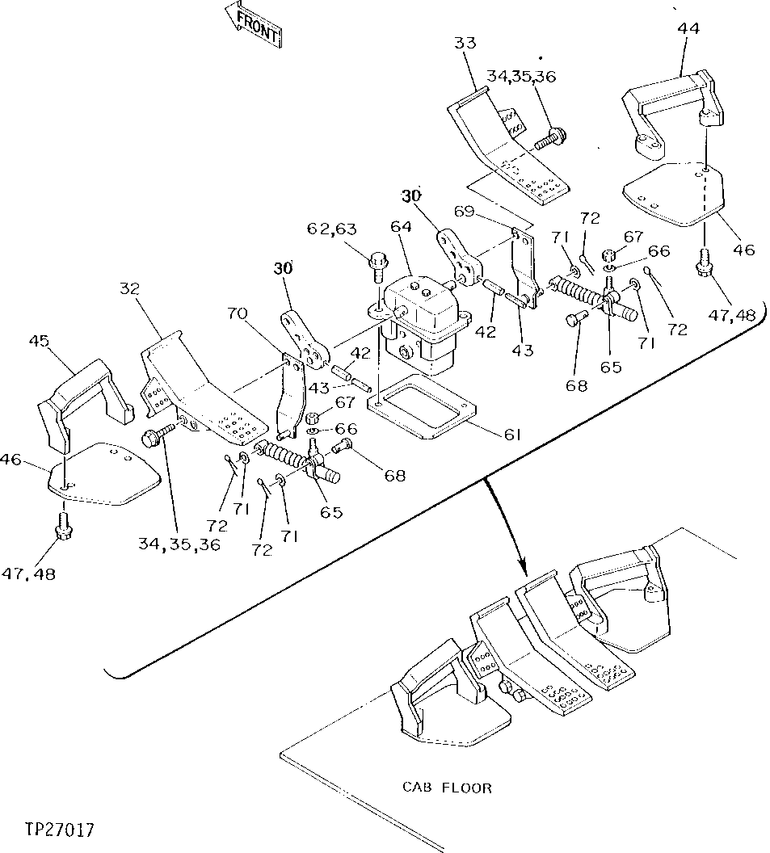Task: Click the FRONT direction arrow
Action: [254, 25]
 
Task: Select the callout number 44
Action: [688, 27]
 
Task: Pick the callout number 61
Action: [511, 435]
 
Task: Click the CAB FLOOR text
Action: [446, 787]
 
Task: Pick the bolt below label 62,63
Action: [377, 263]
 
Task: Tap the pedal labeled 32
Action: [202, 388]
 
